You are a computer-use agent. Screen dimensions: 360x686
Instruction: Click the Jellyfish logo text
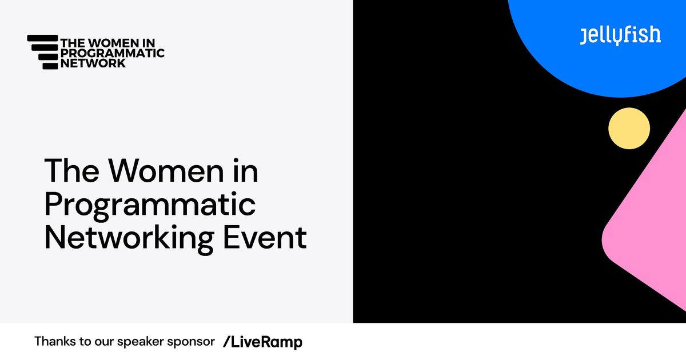[x=620, y=35]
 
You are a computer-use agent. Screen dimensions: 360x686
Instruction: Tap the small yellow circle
[x=629, y=129]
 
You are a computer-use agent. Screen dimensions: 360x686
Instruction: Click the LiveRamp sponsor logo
[x=262, y=342]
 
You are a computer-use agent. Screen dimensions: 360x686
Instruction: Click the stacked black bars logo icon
[x=43, y=52]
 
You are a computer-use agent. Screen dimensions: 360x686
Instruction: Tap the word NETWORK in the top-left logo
[x=93, y=64]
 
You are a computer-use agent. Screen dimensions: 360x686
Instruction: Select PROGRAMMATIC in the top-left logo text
[x=112, y=53]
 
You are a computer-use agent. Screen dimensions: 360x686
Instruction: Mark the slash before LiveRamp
[x=226, y=342]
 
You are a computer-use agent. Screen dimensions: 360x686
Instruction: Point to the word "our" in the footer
[x=103, y=342]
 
